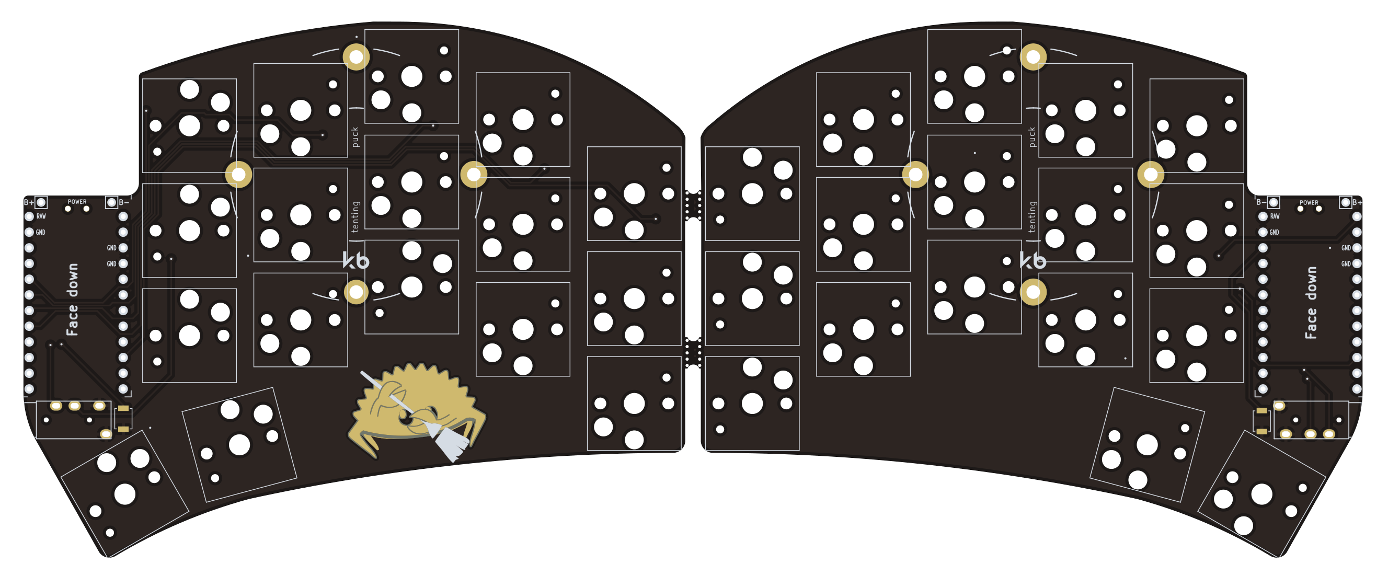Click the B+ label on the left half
tap(28, 202)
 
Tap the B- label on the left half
tap(123, 202)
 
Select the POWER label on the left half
tap(77, 201)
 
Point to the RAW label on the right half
tap(1275, 216)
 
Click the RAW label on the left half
tap(41, 216)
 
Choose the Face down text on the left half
tap(72, 300)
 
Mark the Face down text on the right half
tap(1311, 303)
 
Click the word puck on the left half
tap(354, 137)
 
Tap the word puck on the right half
tap(1031, 137)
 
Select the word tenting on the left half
tap(354, 216)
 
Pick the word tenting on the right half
tap(1031, 216)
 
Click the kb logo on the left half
tap(355, 261)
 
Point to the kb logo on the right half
tap(1033, 261)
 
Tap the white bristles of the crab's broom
tap(451, 443)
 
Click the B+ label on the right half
tap(1357, 202)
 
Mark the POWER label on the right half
tap(1309, 202)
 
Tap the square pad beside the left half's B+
tap(41, 202)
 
